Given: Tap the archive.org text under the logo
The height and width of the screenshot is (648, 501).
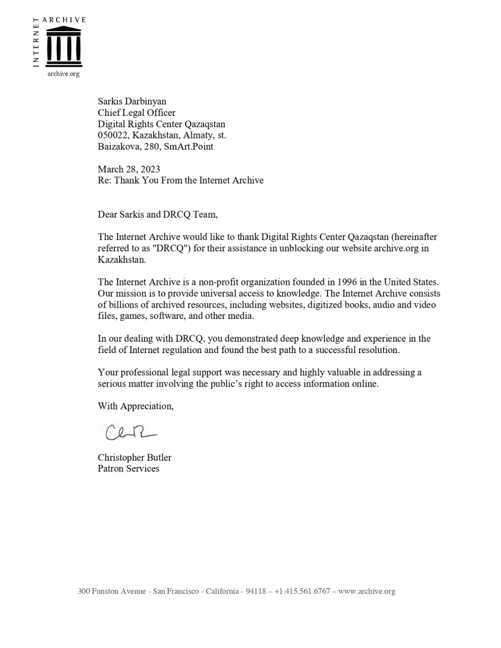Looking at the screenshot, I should [x=63, y=74].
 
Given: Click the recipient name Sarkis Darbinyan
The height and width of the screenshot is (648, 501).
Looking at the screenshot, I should [x=134, y=101].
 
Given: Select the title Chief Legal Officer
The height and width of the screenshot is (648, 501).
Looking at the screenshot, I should [x=136, y=113].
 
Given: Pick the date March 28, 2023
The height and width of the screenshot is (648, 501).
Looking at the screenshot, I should [x=129, y=169].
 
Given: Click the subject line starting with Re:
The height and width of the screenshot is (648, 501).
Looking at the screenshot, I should [x=180, y=180].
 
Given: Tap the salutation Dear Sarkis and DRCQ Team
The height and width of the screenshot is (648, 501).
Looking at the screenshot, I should [x=157, y=215].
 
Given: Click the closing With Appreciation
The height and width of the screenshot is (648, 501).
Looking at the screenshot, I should [x=135, y=406].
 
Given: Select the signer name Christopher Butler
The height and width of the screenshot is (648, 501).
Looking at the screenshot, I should [x=134, y=458].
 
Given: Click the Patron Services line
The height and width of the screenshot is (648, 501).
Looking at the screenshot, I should [x=128, y=469].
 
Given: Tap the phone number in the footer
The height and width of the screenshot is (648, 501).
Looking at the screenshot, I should [x=302, y=592].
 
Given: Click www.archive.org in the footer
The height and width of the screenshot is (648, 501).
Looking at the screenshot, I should [x=367, y=592].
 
